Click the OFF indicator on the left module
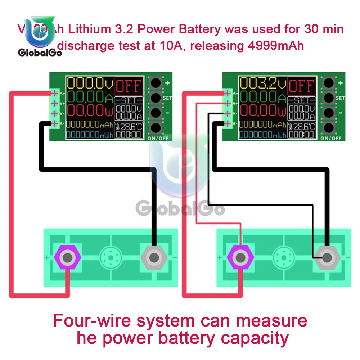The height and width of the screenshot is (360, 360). coord(129,86)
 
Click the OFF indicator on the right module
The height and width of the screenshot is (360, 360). coord(302,86)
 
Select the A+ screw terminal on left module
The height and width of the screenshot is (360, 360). coord(55,93)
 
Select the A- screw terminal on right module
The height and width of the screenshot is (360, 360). coord(228,124)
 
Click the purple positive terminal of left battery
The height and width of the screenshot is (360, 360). coord(67,257)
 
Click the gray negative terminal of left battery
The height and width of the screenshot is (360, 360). coord(154,257)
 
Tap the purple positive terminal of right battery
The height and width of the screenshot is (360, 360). coord(240,257)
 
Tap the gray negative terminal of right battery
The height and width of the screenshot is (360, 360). coord(327,257)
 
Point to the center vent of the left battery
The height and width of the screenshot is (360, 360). coord(111,257)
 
